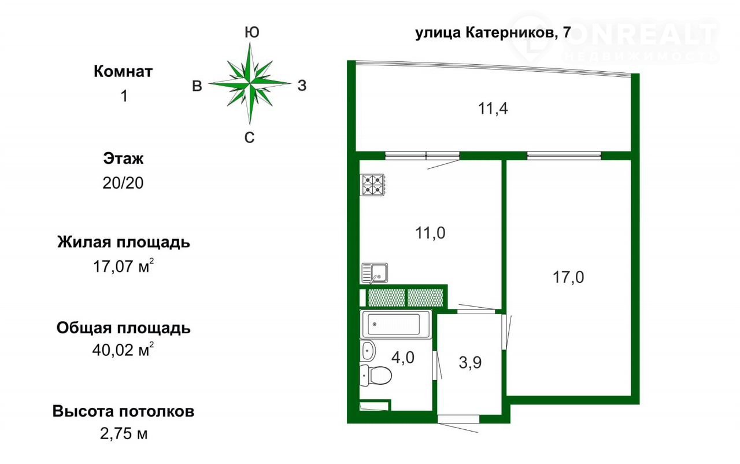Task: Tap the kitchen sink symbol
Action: point(375,273)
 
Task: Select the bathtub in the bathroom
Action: point(396,324)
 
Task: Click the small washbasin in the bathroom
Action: point(368,350)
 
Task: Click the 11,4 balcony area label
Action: point(493,108)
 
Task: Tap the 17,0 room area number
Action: point(568,277)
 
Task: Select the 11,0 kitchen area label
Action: point(430,233)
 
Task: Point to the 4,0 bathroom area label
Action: point(403,357)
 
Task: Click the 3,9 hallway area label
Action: point(470,363)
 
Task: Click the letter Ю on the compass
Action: point(251,32)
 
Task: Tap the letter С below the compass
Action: point(249,138)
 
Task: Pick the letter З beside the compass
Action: point(302,86)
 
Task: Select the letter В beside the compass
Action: point(197,86)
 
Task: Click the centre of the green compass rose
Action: point(250,83)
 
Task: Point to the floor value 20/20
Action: point(123,183)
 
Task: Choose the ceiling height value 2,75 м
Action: point(124,433)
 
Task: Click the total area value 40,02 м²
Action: point(123,349)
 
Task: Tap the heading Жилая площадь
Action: point(124,242)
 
